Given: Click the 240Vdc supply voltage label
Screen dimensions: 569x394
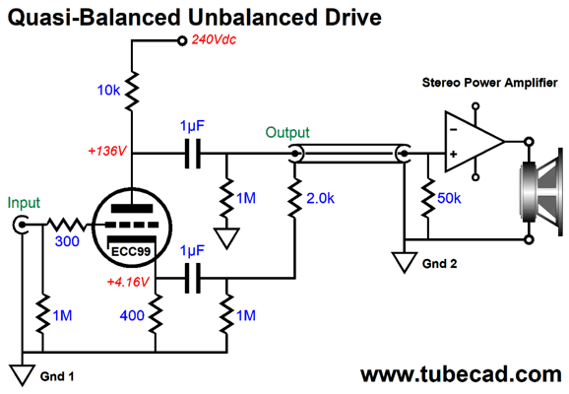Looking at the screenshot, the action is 214,39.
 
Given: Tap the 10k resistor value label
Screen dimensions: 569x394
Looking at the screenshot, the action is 108,90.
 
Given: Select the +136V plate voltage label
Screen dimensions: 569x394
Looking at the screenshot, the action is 107,151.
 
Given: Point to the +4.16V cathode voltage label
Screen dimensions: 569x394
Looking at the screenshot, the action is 128,282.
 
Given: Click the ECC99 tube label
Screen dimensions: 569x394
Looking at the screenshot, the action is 131,251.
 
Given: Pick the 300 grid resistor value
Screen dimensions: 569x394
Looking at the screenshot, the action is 67,241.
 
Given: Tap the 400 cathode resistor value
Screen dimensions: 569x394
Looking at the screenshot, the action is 132,315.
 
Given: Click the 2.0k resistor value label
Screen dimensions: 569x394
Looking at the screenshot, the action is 320,198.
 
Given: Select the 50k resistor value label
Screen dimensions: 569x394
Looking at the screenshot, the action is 449,198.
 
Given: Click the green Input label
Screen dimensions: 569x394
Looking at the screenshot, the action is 24,203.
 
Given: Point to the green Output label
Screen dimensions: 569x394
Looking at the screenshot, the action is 287,133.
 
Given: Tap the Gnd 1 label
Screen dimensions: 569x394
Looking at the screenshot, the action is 57,376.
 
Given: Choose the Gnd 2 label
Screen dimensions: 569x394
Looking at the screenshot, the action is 439,264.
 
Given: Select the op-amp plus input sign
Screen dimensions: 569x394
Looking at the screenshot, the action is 453,155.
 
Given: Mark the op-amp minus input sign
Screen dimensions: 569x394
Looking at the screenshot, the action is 453,130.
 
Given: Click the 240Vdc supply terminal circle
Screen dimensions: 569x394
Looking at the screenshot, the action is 182,40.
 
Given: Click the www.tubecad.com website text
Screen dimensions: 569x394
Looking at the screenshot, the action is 461,374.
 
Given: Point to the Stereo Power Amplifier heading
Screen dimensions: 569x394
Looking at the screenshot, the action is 489,83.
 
